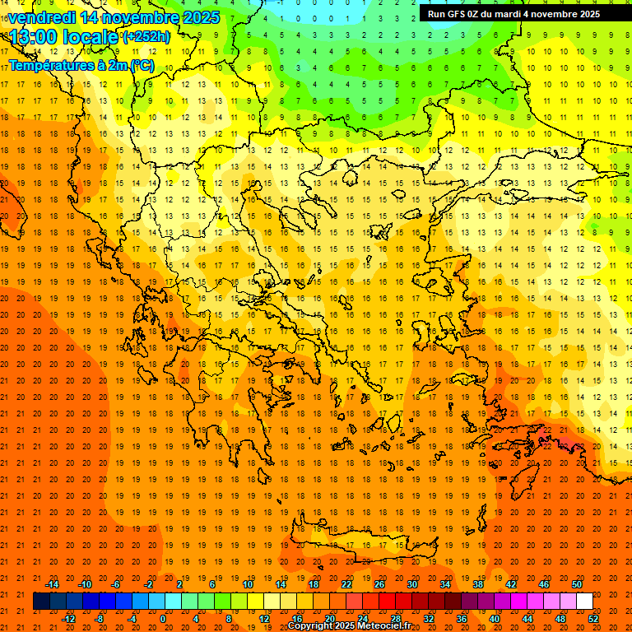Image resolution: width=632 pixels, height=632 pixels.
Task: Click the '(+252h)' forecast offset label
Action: coord(146,37)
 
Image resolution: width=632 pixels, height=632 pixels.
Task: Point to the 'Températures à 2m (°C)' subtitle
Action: coord(81,65)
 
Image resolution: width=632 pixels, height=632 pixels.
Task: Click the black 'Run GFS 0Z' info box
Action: coord(513,14)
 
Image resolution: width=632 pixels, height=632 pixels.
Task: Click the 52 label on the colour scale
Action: coord(594,619)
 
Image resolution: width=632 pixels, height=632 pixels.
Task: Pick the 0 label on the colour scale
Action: coord(162,619)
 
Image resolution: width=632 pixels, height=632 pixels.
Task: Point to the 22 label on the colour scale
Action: coord(346,584)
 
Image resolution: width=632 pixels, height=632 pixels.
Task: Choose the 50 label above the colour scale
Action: coord(577,584)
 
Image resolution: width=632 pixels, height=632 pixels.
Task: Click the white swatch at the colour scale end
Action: coord(584,602)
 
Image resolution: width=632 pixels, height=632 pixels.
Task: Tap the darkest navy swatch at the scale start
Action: coord(41,602)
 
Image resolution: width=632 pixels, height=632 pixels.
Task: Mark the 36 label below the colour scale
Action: coord(462,619)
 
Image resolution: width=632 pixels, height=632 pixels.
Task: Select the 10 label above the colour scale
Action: coord(247,584)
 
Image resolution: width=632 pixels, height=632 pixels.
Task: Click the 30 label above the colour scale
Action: coord(412,584)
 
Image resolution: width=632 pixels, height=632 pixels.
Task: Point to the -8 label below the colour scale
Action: coord(100,619)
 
